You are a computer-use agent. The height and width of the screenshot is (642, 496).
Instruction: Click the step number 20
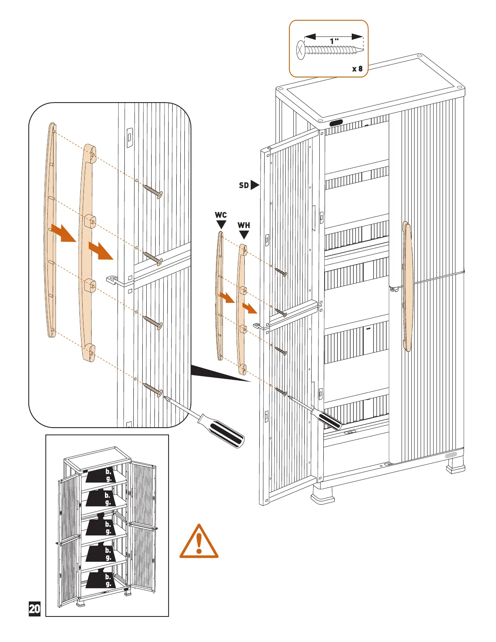(35, 609)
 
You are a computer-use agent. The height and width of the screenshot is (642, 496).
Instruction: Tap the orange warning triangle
(199, 542)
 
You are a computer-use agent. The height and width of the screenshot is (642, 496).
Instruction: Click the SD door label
(244, 185)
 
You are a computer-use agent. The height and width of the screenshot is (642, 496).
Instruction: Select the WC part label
(221, 215)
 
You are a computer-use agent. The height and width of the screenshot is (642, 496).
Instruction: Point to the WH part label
(244, 225)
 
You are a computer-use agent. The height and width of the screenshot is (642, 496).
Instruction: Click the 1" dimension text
(334, 41)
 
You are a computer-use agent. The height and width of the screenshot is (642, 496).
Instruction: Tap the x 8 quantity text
(357, 68)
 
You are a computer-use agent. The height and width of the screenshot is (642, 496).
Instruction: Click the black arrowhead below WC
(221, 224)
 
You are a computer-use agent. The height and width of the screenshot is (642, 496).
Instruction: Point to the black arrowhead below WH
(244, 235)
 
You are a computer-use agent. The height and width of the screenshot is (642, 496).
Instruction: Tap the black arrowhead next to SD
(254, 185)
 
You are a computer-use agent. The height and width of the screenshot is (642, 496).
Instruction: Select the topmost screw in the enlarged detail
(153, 191)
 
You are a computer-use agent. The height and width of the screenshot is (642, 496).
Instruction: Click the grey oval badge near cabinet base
(451, 455)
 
